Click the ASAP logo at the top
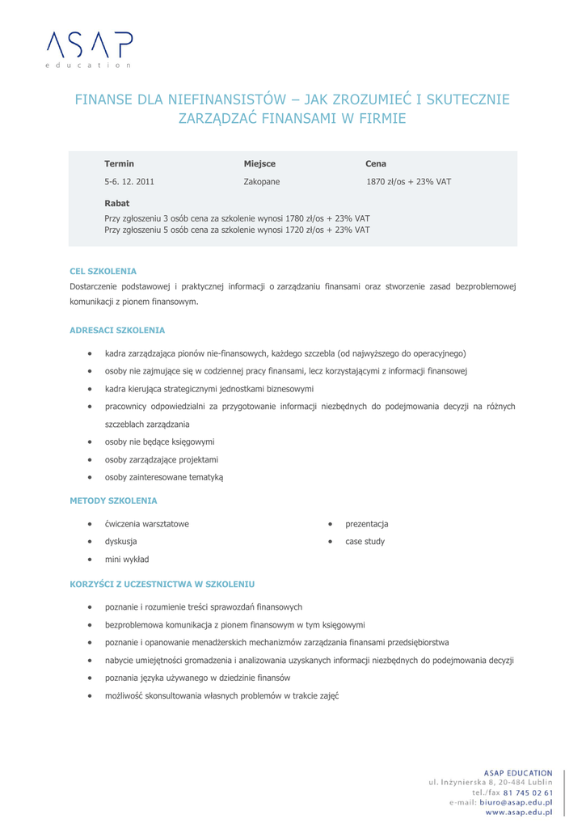coord(88,47)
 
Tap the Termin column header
coord(120,163)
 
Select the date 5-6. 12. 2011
coord(129,182)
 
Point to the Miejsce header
coord(259,163)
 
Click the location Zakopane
coord(262,182)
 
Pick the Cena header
coord(376,163)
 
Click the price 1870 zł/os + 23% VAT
coord(408,182)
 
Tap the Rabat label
coord(117,203)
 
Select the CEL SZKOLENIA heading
coord(103,271)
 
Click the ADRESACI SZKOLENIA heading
coord(117,331)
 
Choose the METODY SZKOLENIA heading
coord(113,501)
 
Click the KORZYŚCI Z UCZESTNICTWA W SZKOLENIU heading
coord(162,583)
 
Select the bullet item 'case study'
coord(365,541)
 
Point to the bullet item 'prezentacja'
coord(367,523)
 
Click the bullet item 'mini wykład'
coord(127,559)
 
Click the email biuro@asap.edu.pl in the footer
coord(516,803)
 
